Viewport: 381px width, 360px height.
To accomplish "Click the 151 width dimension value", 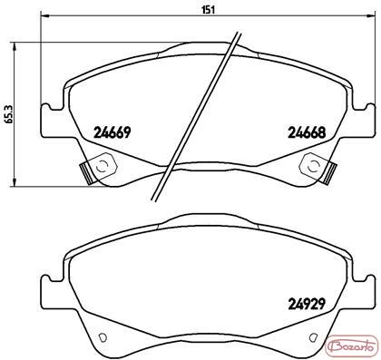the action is coord(209,10).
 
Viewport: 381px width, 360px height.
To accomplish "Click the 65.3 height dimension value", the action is coord(8,113).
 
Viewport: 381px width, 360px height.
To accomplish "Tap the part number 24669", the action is coord(112,132).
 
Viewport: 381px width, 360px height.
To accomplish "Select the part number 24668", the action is coord(307,132).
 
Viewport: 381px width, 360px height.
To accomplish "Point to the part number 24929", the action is coord(307,304).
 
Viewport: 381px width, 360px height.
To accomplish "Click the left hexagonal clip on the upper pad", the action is coord(104,165).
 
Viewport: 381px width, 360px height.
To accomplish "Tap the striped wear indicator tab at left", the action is coord(86,174).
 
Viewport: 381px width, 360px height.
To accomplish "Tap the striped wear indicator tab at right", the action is coord(329,173).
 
